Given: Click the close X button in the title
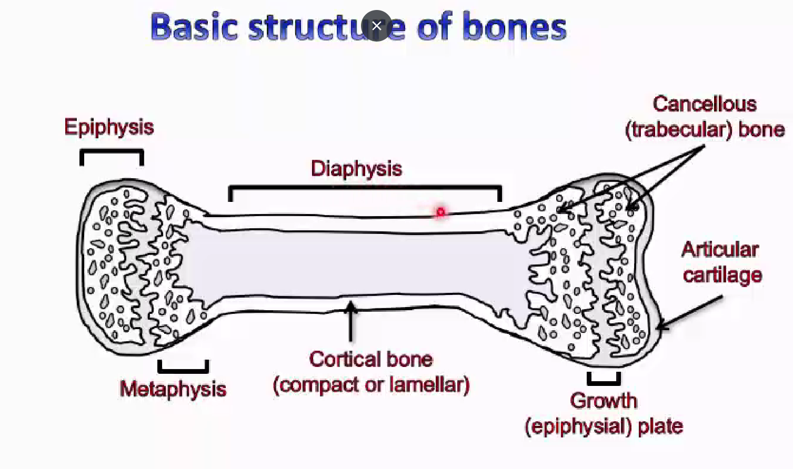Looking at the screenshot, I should coord(376,26).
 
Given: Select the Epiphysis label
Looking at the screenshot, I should coord(109,127).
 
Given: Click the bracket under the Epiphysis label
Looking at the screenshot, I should coord(112,152).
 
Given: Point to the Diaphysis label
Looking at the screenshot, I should coord(356,169).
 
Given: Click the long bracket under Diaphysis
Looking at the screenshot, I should coord(365,188).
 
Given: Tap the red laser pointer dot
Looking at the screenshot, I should coord(440,212).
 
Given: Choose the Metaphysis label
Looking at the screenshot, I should coord(173,389).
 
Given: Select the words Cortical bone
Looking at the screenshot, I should coord(371,360).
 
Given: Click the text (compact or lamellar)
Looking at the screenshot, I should coord(371,385).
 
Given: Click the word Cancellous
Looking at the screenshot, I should coord(705,104).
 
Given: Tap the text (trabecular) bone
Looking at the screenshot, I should coord(705,129).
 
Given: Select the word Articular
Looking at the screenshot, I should coord(720,249).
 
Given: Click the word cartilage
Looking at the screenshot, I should coord(722,274).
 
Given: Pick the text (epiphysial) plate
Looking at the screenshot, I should coord(604,426).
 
